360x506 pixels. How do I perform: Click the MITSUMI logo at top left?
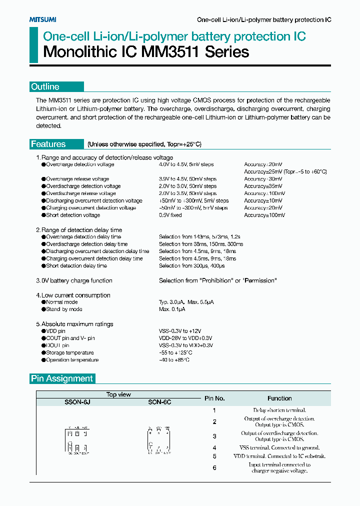42,19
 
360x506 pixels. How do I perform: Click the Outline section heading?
45,87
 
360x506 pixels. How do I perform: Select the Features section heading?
48,144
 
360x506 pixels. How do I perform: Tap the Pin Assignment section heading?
62,378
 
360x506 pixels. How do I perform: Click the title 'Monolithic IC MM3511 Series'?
146,51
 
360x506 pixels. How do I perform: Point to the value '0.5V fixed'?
170,215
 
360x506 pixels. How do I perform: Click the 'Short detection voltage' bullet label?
73,215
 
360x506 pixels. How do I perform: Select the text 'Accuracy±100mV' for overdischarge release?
264,193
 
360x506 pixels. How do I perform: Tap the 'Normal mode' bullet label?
61,302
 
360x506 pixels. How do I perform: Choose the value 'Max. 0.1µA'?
172,309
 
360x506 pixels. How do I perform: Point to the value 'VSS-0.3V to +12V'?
180,331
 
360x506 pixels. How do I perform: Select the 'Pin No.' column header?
214,398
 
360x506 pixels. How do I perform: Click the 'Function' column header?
279,398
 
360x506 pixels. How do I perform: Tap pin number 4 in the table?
214,447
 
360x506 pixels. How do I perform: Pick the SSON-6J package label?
77,402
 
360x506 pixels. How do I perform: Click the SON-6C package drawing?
159,440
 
